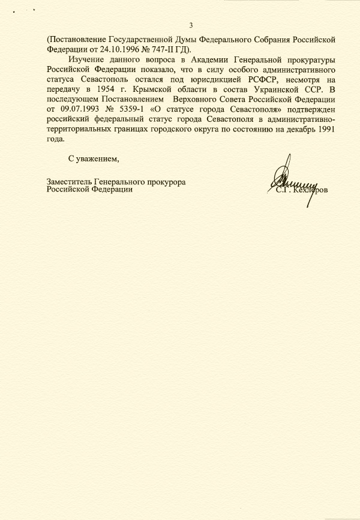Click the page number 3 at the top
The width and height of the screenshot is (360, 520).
tap(191, 25)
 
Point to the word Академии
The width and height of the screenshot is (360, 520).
tap(214, 61)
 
